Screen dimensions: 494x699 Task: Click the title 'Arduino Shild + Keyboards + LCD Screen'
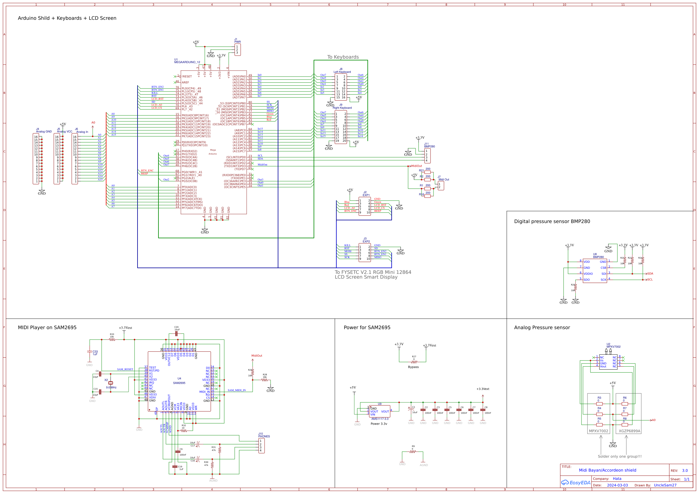pyautogui.click(x=67, y=18)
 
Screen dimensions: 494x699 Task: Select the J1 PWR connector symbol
pyautogui.click(x=237, y=50)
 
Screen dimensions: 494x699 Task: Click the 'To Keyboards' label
pyautogui.click(x=343, y=57)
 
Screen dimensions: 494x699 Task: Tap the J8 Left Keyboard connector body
pyautogui.click(x=341, y=87)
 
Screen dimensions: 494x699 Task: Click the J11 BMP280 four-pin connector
pyautogui.click(x=427, y=155)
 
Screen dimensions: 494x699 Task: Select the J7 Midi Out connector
pyautogui.click(x=440, y=186)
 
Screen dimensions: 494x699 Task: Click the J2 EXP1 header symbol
pyautogui.click(x=364, y=207)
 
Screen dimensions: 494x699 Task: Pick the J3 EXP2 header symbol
pyautogui.click(x=364, y=253)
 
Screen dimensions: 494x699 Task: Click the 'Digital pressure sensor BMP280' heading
pyautogui.click(x=552, y=221)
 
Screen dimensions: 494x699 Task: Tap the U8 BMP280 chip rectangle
pyautogui.click(x=595, y=270)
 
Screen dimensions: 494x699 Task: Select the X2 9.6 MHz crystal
pyautogui.click(x=111, y=383)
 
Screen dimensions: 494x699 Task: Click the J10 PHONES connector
pyautogui.click(x=261, y=446)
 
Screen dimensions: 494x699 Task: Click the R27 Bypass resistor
pyautogui.click(x=414, y=362)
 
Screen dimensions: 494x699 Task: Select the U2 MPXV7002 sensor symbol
pyautogui.click(x=608, y=362)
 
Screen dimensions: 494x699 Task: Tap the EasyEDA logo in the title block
pyautogui.click(x=576, y=483)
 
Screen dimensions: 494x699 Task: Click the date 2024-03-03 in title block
pyautogui.click(x=617, y=485)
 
